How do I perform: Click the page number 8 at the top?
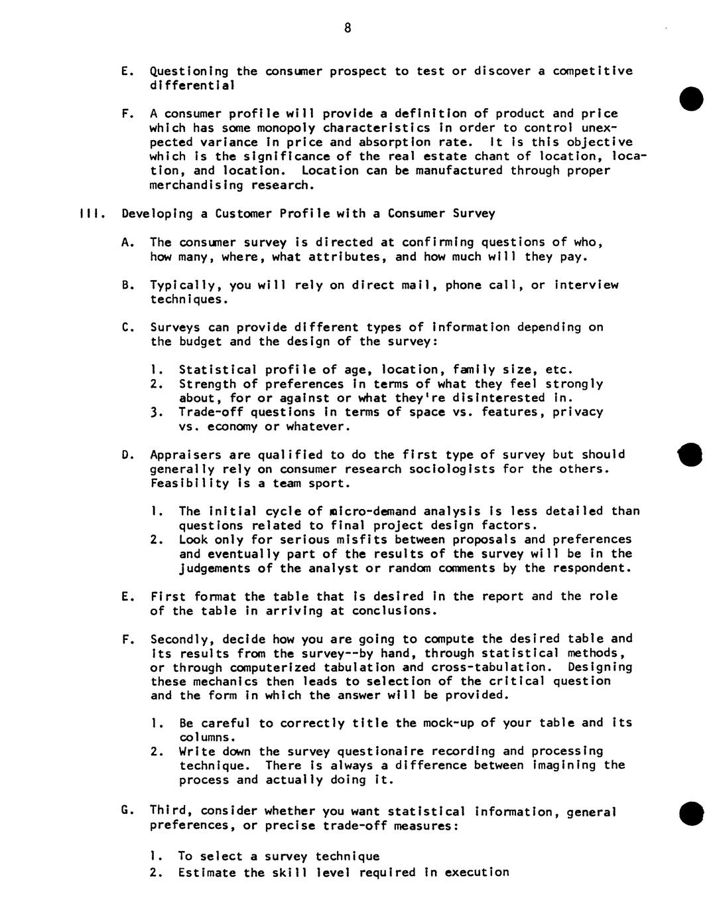pos(347,28)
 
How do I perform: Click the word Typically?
pos(186,285)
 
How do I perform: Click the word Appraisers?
pos(186,455)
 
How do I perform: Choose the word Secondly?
pos(179,639)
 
